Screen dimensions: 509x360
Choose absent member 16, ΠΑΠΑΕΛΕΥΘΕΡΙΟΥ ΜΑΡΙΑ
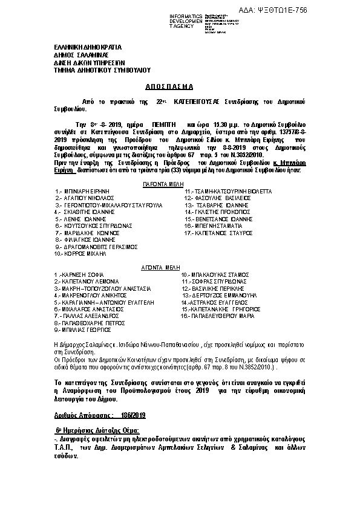pyautogui.click(x=218, y=316)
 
